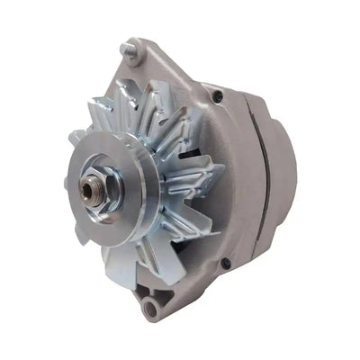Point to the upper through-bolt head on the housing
point(216,91)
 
